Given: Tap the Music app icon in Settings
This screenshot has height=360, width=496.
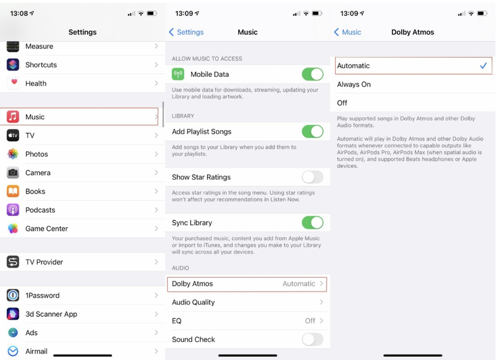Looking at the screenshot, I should (13, 116).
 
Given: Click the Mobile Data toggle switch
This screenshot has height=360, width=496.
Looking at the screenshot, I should (312, 74).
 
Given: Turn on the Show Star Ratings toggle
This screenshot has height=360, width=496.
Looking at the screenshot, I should (312, 177).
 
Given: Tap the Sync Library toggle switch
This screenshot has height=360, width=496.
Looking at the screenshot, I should (312, 222).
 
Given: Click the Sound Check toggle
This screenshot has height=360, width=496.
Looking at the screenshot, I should (312, 340).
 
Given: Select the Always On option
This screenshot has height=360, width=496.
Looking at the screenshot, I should (354, 84).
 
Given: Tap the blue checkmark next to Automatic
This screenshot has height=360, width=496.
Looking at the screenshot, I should (483, 66).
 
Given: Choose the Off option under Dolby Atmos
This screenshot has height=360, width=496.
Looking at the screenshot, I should (342, 103).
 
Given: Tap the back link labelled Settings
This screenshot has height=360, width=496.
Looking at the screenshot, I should (187, 32).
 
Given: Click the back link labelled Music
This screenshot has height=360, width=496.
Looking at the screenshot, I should (348, 32).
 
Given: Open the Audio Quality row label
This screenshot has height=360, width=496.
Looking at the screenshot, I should (193, 302).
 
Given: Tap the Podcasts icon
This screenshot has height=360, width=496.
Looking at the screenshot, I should (13, 210).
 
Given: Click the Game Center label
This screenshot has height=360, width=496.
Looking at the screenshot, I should (46, 229).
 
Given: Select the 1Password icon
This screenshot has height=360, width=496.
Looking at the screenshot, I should (13, 296).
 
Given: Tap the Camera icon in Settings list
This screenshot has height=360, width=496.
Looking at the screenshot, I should (13, 173).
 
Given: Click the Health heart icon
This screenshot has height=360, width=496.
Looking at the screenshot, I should (13, 83).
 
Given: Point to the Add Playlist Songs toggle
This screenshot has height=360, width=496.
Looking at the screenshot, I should (312, 131).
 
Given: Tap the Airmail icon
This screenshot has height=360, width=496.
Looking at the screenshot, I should (13, 351).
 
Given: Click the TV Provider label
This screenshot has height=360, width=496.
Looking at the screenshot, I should (44, 262).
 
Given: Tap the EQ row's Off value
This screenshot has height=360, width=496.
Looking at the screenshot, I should (310, 321).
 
